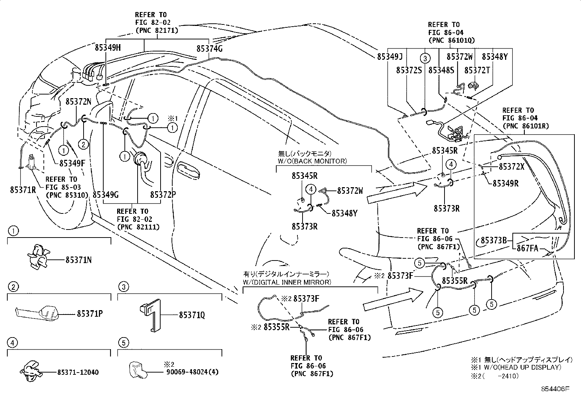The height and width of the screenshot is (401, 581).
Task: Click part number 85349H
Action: pos(108,48)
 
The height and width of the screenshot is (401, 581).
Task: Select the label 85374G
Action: pos(209,48)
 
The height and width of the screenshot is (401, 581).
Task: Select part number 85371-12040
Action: pos(78,372)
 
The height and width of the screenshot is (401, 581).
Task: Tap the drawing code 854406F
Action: pos(555,389)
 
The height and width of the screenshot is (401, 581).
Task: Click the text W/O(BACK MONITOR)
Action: pos(312,161)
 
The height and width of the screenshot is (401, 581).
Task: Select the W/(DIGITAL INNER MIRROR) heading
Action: pos(287,282)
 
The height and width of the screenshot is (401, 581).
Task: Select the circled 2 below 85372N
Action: pos(83,144)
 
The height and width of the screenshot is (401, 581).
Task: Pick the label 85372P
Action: pos(163,194)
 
